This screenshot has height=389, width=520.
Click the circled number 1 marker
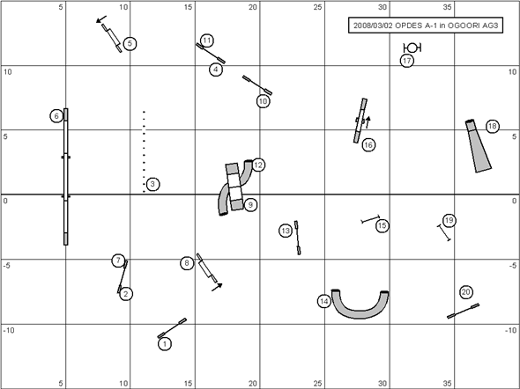tap(165, 344)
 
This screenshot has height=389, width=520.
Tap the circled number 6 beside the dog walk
tap(56, 116)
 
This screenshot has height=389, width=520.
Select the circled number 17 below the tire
tap(407, 61)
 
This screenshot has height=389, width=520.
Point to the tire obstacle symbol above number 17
tap(412, 48)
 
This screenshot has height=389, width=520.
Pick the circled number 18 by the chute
tap(493, 126)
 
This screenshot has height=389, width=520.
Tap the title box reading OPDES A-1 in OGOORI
tap(426, 26)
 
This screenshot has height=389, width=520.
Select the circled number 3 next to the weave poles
tap(152, 184)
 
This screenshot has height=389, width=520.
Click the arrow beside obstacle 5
tap(101, 19)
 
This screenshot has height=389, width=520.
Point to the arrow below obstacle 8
tap(217, 287)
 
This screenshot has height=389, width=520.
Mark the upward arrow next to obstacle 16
tap(368, 122)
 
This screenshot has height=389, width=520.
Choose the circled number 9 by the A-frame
tap(250, 205)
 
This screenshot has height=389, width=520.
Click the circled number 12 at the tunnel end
tap(258, 165)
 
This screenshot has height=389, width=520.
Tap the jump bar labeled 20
tap(463, 311)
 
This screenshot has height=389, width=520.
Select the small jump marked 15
tap(370, 219)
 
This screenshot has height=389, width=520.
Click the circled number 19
tap(449, 221)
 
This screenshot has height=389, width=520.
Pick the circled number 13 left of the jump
tap(286, 231)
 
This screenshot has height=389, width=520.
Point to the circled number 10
tap(263, 101)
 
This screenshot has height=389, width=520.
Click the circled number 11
tap(206, 40)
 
